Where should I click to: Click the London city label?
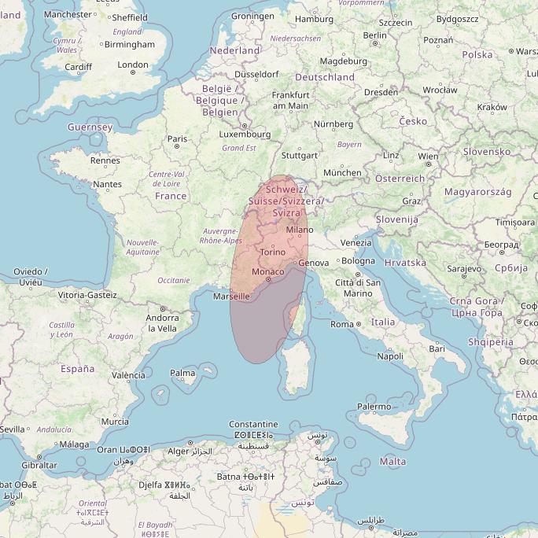[132, 65]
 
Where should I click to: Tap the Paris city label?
[177, 139]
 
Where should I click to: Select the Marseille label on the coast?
[231, 297]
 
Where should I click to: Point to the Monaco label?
[268, 271]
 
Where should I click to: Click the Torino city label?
[272, 252]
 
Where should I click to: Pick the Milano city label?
[299, 230]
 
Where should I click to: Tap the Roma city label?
[342, 324]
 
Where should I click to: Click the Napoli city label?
[390, 356]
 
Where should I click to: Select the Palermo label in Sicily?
[374, 407]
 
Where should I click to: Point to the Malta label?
[393, 462]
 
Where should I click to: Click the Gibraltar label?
[39, 465]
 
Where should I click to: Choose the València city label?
[128, 375]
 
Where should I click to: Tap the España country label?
[77, 368]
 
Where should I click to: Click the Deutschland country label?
[324, 77]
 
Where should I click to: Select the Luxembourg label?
[244, 134]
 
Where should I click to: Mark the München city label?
[342, 172]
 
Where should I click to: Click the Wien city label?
[428, 157]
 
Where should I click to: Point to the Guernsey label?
[90, 127]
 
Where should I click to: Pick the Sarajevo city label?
[463, 269]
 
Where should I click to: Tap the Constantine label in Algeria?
[253, 424]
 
